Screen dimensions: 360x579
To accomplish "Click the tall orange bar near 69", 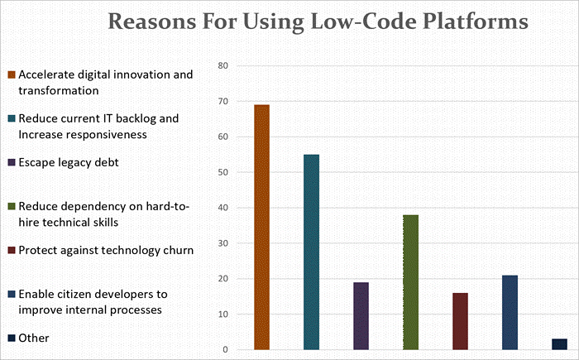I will tap(261, 228).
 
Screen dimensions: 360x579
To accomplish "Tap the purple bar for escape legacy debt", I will tap(361, 316).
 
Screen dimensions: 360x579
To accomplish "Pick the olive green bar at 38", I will tap(410, 282).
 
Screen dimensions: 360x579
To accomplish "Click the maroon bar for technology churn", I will tap(460, 321).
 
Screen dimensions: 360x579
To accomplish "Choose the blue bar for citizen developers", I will tap(510, 313).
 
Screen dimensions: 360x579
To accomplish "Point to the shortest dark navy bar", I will tap(559, 344).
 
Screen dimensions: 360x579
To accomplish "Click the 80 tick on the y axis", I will tap(222, 65).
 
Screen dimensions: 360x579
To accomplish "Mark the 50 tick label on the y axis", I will tap(222, 172).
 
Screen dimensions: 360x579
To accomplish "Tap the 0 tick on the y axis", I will tap(224, 350).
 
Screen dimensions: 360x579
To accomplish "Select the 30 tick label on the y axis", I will tap(222, 243).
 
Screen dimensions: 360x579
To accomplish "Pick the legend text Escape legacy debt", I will tap(69, 162).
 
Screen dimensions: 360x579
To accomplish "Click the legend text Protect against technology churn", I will tap(105, 250).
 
